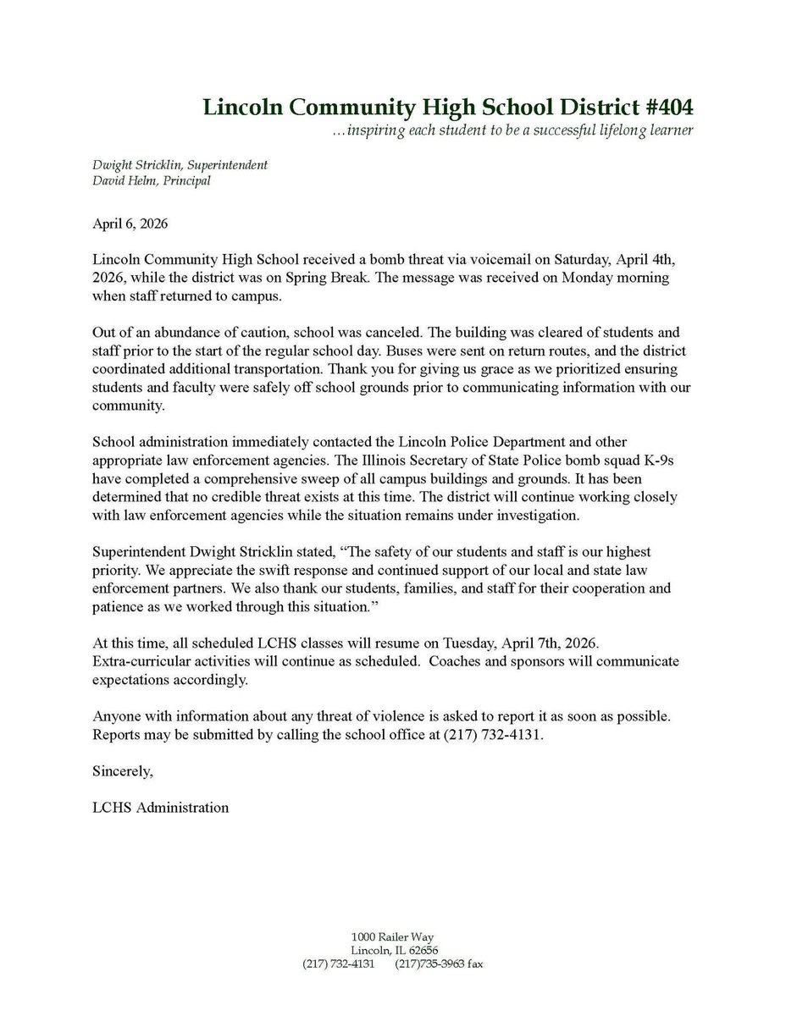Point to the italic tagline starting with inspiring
512,131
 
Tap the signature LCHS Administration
161,807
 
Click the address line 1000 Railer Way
393,936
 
